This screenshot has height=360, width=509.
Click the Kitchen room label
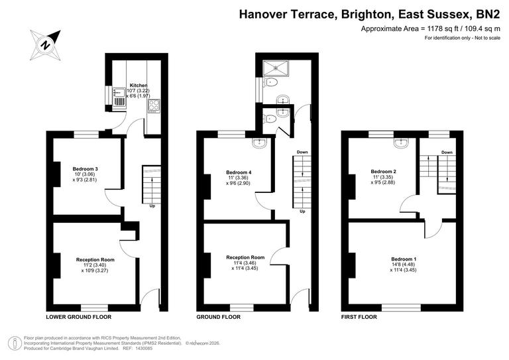[139, 86]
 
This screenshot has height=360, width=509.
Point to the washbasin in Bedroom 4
[260, 143]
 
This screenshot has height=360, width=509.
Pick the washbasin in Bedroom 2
[401, 143]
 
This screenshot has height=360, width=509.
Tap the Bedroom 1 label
[403, 259]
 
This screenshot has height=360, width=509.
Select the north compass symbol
[46, 44]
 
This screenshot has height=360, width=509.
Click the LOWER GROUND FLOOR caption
[78, 318]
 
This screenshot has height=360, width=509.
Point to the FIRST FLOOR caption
[359, 318]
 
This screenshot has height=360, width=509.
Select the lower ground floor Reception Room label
[95, 259]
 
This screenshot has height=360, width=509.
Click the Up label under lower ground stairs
[152, 206]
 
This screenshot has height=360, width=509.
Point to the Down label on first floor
[447, 152]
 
